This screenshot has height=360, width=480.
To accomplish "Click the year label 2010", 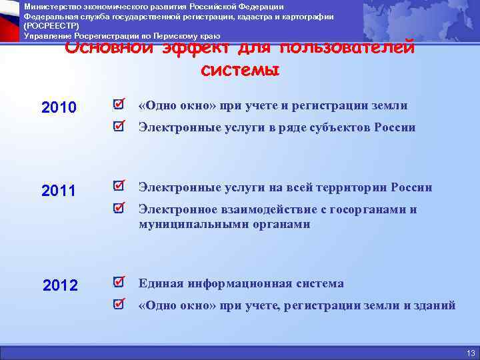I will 59,107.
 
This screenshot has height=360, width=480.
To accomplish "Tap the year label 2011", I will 59,191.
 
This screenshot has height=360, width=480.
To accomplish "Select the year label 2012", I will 61,286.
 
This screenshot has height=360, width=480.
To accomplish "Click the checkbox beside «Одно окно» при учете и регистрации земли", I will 119,105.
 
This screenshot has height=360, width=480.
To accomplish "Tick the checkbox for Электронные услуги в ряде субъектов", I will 119,126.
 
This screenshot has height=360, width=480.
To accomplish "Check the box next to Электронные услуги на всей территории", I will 119,186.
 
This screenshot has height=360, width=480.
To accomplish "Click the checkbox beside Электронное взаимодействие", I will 119,208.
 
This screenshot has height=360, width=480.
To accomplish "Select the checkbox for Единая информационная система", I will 119,282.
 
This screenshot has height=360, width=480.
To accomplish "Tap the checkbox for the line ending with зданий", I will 119,304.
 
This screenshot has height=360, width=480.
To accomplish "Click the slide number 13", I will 471,353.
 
